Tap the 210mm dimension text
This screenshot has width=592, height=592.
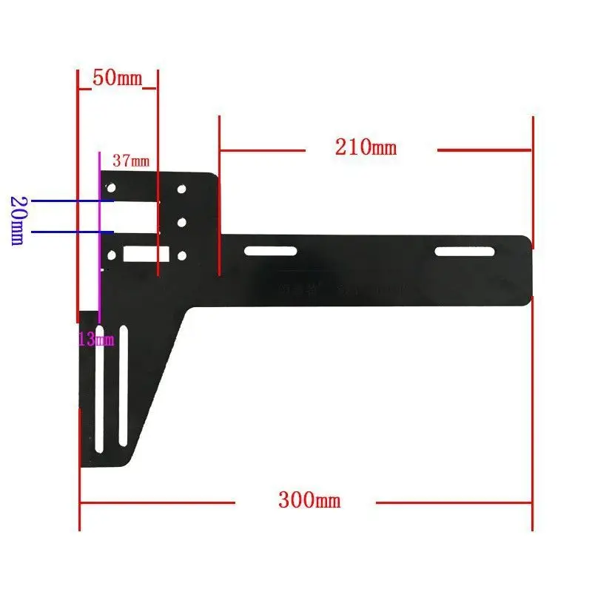(366, 147)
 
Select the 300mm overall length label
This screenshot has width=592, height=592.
(309, 500)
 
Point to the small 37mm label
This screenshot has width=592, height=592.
(130, 160)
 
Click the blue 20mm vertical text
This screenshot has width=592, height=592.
(17, 221)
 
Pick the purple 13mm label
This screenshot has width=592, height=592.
(97, 340)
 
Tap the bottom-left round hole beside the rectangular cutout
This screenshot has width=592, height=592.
(112, 255)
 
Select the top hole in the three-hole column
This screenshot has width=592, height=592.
(181, 189)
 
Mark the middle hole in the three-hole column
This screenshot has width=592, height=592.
(181, 221)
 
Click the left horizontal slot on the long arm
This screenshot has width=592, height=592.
(271, 252)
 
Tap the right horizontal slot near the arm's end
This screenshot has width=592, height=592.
(464, 252)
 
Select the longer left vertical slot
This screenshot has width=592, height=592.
(99, 391)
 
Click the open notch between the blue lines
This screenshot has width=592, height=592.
(133, 216)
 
